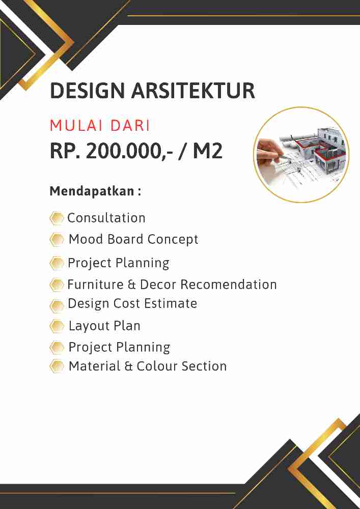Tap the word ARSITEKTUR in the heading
(x=193, y=91)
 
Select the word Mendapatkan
(x=91, y=192)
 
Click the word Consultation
(x=106, y=218)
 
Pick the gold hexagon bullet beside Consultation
(x=57, y=218)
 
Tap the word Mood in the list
(x=86, y=239)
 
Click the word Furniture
(x=95, y=284)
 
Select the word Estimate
(x=172, y=303)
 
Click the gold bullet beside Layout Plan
(x=57, y=326)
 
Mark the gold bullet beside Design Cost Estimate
(x=57, y=305)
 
